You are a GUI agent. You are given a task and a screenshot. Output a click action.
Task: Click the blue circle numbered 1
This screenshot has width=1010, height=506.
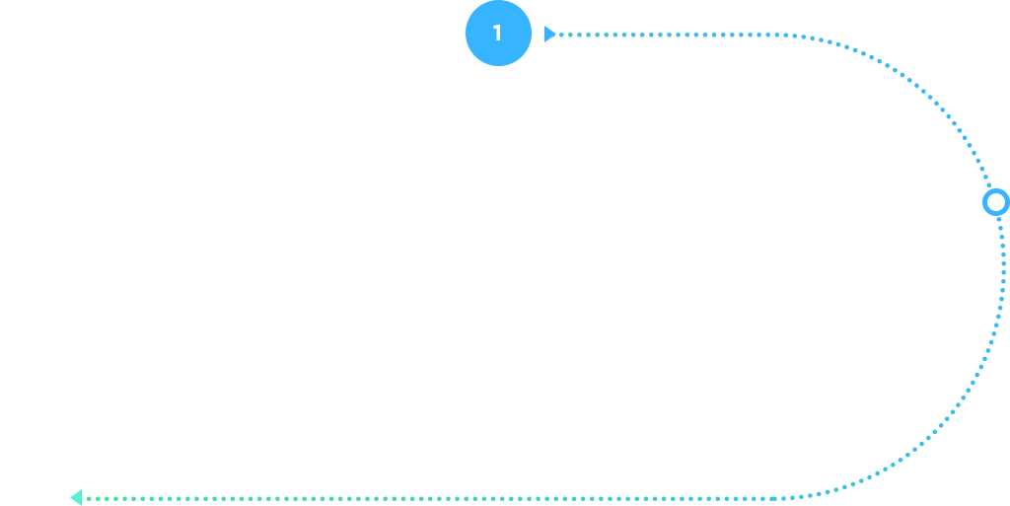[498, 33]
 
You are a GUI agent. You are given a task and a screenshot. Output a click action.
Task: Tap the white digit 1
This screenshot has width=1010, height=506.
[497, 33]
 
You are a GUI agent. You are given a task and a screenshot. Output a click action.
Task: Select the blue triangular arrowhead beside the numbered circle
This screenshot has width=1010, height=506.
[549, 35]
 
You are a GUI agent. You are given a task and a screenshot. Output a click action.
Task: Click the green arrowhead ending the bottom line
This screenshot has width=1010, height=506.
[76, 498]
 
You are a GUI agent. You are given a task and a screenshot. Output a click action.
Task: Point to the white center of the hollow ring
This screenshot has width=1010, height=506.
[996, 203]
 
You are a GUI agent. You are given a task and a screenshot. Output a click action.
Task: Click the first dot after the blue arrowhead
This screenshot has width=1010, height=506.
[561, 35]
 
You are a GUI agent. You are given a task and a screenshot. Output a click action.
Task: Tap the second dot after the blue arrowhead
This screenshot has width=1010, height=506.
[570, 35]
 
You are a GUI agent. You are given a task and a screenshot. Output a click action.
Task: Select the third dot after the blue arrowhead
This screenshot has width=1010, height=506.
[579, 35]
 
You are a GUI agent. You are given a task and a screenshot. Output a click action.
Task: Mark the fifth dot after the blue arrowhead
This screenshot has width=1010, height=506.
[597, 35]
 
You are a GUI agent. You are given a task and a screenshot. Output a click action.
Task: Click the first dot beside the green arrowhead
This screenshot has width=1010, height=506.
[89, 499]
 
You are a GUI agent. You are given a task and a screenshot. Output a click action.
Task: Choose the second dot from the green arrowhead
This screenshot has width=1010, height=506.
[98, 499]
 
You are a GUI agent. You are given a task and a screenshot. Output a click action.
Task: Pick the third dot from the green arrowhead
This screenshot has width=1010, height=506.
[107, 499]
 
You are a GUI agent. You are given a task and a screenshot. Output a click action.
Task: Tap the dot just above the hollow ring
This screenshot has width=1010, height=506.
[989, 185]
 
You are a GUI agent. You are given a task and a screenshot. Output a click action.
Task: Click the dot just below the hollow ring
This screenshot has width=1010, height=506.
[999, 220]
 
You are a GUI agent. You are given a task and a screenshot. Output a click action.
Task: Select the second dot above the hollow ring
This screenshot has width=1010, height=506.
[986, 177]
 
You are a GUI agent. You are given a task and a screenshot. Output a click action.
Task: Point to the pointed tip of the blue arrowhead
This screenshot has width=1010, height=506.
[556, 35]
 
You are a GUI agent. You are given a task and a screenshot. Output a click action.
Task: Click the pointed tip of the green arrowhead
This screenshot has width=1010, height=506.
[70, 498]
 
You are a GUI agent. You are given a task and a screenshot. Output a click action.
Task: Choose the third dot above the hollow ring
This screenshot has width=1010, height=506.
[982, 169]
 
